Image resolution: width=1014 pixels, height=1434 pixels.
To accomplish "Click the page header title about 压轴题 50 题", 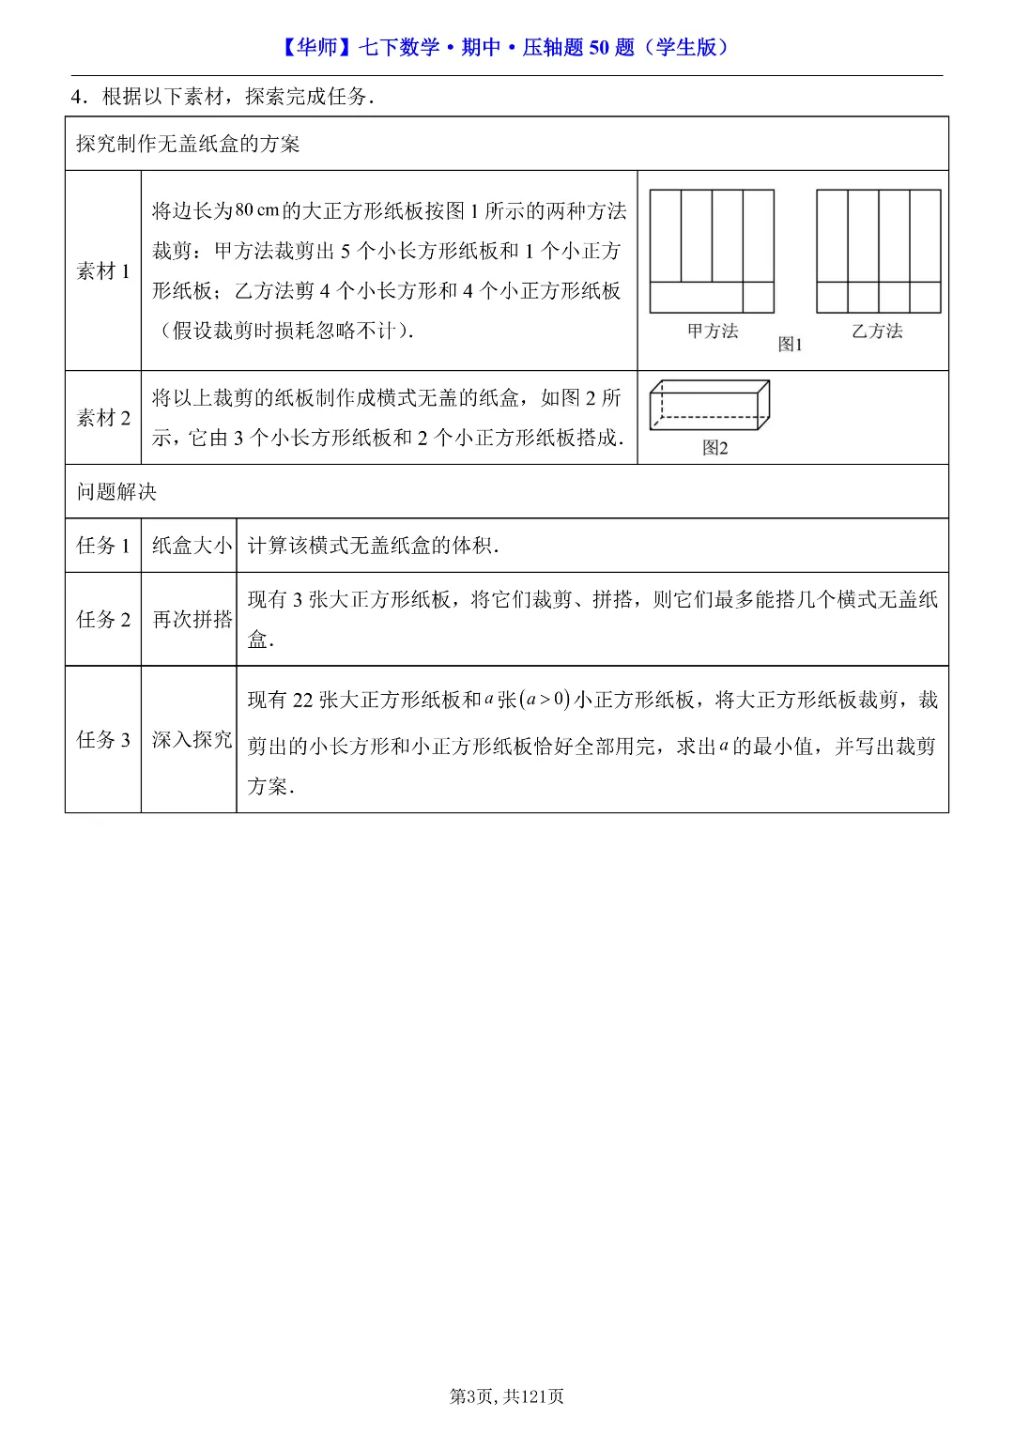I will click(x=506, y=47).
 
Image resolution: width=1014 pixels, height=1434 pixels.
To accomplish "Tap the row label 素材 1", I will click(x=103, y=271).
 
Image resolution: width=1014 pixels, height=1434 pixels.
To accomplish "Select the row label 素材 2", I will click(x=103, y=418).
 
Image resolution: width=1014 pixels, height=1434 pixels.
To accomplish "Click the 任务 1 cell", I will click(x=103, y=546).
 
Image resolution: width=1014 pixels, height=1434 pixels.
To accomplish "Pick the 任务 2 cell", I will click(x=103, y=620).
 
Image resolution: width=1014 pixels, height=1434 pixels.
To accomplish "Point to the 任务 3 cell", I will click(x=103, y=740).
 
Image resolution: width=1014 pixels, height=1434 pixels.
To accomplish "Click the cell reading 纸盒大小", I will click(x=192, y=546).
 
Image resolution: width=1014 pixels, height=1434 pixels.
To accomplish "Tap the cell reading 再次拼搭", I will click(x=192, y=620).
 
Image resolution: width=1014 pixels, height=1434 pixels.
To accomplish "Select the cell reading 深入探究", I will click(x=192, y=740).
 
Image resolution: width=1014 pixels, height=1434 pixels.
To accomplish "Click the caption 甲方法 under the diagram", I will click(x=713, y=331).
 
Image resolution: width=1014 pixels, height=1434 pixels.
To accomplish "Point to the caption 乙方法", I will click(x=877, y=331).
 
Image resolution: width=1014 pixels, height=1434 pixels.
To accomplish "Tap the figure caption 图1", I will click(x=791, y=345).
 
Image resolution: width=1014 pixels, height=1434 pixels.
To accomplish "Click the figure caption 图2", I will click(x=715, y=448).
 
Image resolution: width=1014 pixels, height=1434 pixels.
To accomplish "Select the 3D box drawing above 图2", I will click(x=710, y=406).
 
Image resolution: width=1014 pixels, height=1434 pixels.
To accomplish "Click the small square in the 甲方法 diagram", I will click(x=759, y=298).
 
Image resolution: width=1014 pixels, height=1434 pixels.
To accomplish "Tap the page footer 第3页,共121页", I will click(x=507, y=1396).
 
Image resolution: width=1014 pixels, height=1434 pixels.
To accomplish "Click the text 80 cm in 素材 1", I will click(x=256, y=210).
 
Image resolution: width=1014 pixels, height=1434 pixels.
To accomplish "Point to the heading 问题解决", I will click(x=116, y=492).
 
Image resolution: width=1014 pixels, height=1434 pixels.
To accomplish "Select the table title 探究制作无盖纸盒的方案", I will click(x=188, y=144).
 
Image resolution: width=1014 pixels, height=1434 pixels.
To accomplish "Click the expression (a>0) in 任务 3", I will click(x=545, y=700).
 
